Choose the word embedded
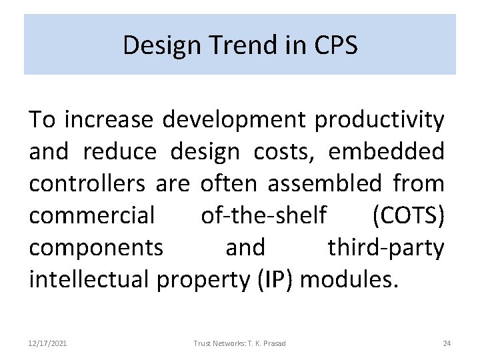point(387,152)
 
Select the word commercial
point(91,215)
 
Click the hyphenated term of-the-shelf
point(263,215)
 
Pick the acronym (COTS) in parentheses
point(408,215)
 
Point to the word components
point(95,247)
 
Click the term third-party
point(385,247)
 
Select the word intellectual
point(91,279)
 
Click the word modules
point(350,279)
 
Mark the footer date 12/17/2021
point(48,343)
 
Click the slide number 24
point(447,343)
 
